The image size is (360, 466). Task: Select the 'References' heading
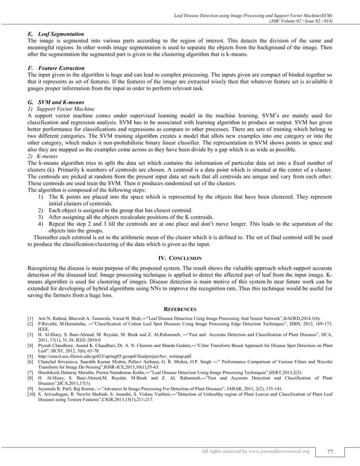click(x=179, y=309)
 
